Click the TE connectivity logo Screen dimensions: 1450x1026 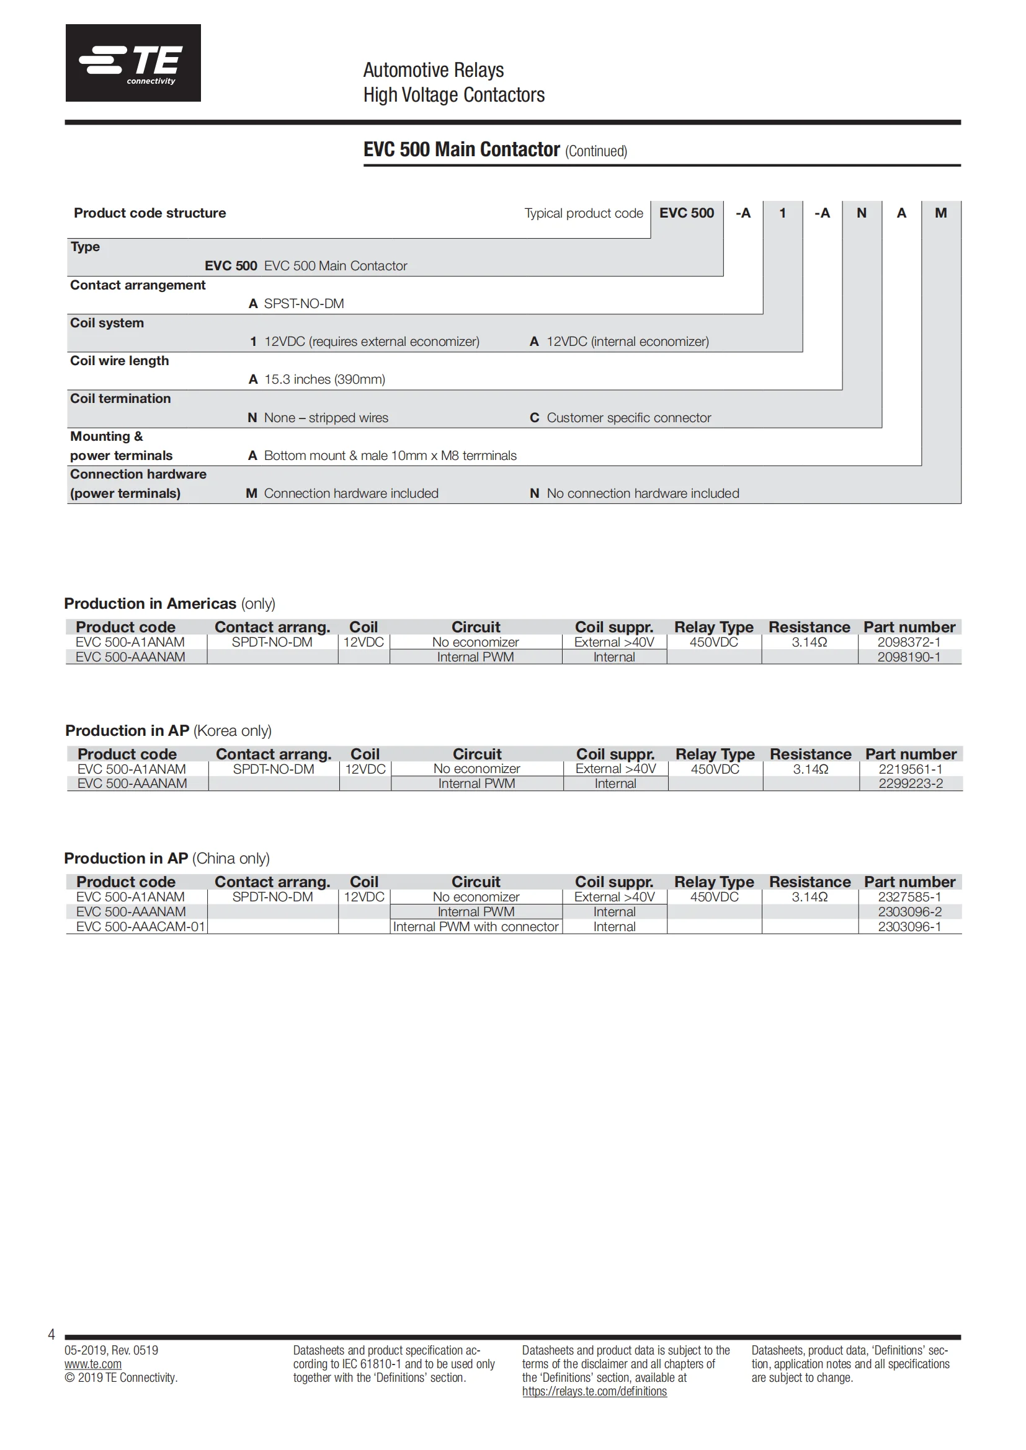(x=133, y=63)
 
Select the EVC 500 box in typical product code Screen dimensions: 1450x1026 (x=686, y=213)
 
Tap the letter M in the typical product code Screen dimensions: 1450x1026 (x=941, y=213)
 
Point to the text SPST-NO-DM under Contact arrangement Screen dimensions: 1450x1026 (x=304, y=304)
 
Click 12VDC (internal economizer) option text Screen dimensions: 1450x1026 (x=627, y=342)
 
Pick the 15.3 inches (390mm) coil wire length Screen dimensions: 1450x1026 (x=324, y=379)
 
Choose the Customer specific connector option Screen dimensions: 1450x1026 (x=628, y=418)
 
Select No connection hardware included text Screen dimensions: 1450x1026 (x=643, y=494)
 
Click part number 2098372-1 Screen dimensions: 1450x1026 (x=909, y=642)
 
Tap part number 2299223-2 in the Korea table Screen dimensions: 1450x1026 (x=911, y=784)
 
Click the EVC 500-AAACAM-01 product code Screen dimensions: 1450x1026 (x=140, y=927)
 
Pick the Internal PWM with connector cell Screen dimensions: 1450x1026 (x=476, y=927)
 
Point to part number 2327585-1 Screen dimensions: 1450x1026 (x=909, y=898)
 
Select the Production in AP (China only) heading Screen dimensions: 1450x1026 (x=167, y=859)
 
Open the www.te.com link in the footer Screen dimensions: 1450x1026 (x=93, y=1364)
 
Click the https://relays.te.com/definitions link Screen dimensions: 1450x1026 (x=594, y=1391)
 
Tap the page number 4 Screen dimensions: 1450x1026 (x=51, y=1335)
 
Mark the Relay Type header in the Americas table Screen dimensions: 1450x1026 (x=713, y=628)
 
